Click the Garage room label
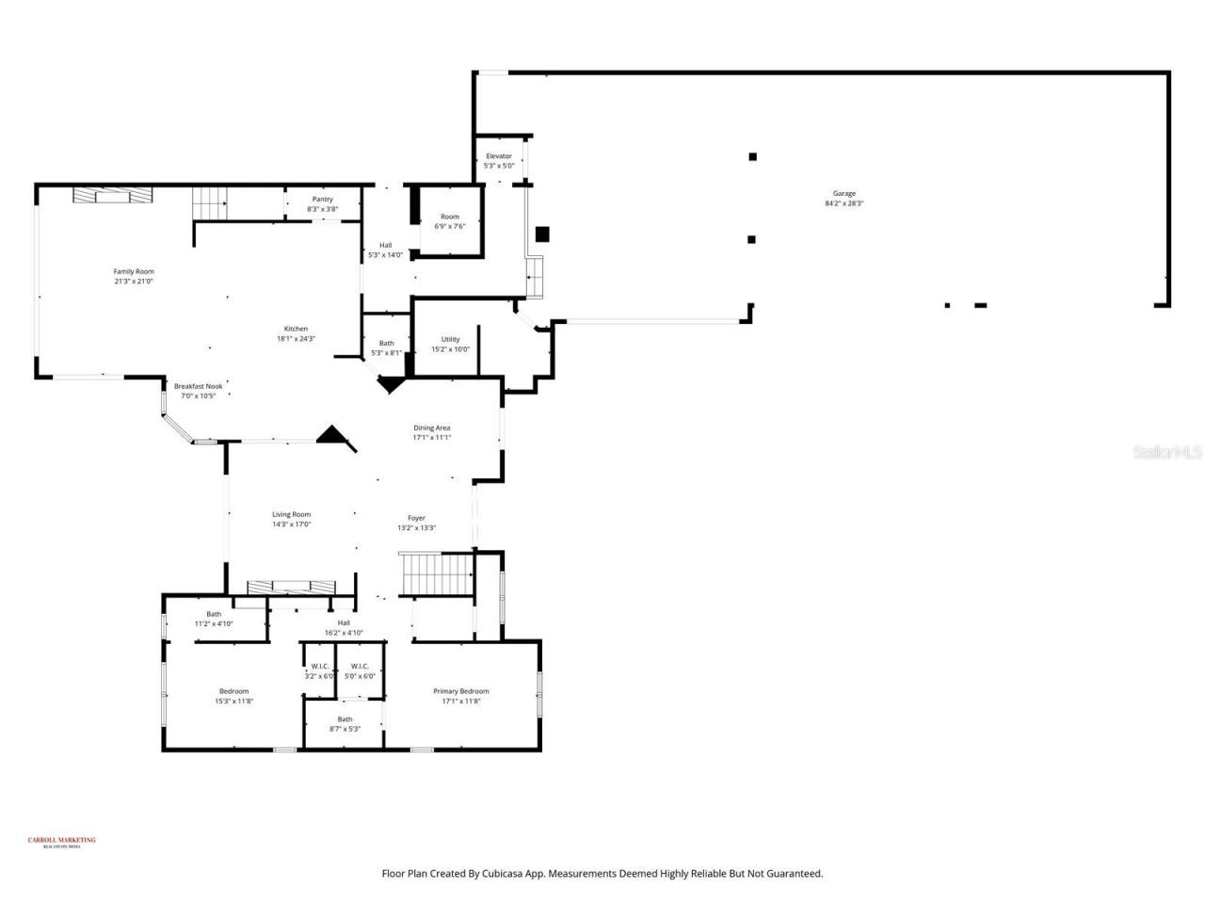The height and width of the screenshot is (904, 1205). [x=843, y=194]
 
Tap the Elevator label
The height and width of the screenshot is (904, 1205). [x=498, y=156]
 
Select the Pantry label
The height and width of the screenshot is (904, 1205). [x=322, y=200]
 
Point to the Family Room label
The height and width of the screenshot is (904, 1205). [x=134, y=272]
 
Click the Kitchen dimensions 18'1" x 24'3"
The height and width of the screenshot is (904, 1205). [x=296, y=339]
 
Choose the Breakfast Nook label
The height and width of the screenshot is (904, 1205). [x=198, y=386]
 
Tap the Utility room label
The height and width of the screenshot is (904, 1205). [x=450, y=340]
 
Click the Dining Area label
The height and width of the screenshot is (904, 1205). [x=431, y=428]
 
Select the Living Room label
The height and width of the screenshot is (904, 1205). [x=291, y=515]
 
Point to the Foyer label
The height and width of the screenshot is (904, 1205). [x=416, y=518]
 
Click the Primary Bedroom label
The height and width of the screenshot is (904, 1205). [x=460, y=691]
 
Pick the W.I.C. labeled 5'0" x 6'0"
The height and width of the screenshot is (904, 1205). [x=360, y=667]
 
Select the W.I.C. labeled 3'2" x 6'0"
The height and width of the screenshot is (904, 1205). [x=319, y=667]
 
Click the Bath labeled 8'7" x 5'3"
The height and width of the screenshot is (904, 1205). [x=345, y=719]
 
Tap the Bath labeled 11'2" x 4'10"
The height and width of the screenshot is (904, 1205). [x=214, y=614]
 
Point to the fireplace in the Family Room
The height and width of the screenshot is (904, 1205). [x=112, y=195]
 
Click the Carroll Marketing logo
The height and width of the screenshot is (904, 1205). [x=61, y=842]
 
